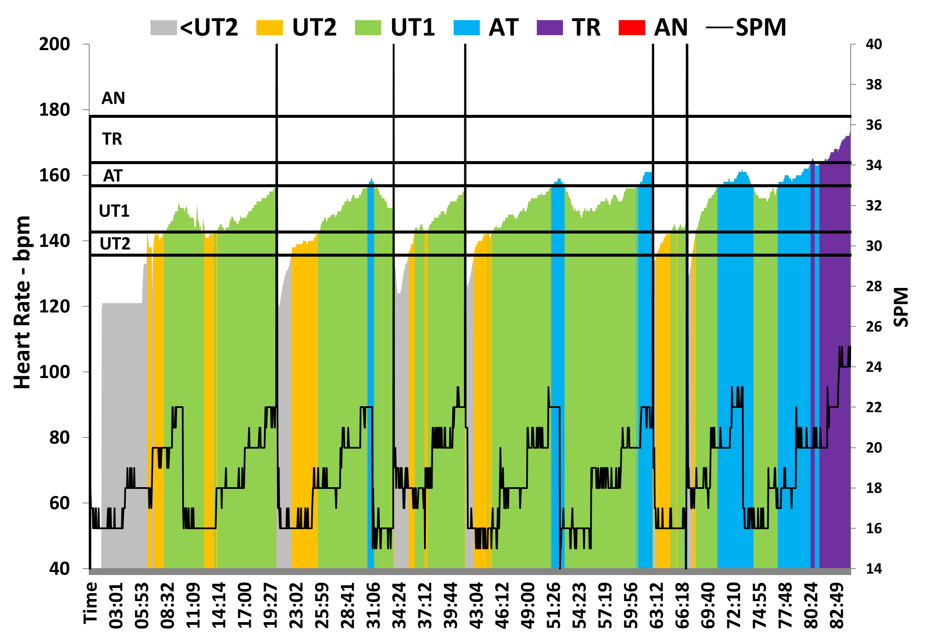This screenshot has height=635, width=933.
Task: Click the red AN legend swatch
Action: click(632, 28)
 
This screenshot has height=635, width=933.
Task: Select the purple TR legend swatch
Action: click(549, 28)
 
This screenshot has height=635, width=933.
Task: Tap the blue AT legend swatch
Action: click(466, 28)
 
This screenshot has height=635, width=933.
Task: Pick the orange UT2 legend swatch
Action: click(269, 28)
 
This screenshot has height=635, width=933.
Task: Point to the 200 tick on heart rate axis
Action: click(54, 44)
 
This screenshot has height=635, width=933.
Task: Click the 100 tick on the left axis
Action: click(54, 372)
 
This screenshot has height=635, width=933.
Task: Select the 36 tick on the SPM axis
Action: click(874, 125)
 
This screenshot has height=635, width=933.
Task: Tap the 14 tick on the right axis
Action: click(874, 569)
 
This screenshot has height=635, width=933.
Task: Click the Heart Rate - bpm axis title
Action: click(22, 303)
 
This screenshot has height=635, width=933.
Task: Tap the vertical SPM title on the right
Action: click(901, 307)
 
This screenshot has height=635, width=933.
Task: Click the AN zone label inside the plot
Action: click(113, 99)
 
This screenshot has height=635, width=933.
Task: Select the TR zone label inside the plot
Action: click(112, 139)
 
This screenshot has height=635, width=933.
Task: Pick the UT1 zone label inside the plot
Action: click(114, 211)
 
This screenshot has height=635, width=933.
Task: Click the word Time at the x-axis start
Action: click(90, 602)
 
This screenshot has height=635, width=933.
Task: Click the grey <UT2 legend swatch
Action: click(163, 28)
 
